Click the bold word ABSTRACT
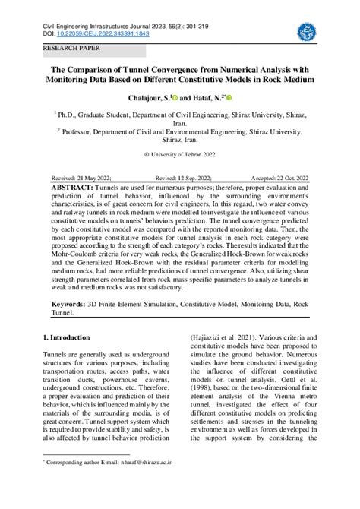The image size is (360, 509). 73,186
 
